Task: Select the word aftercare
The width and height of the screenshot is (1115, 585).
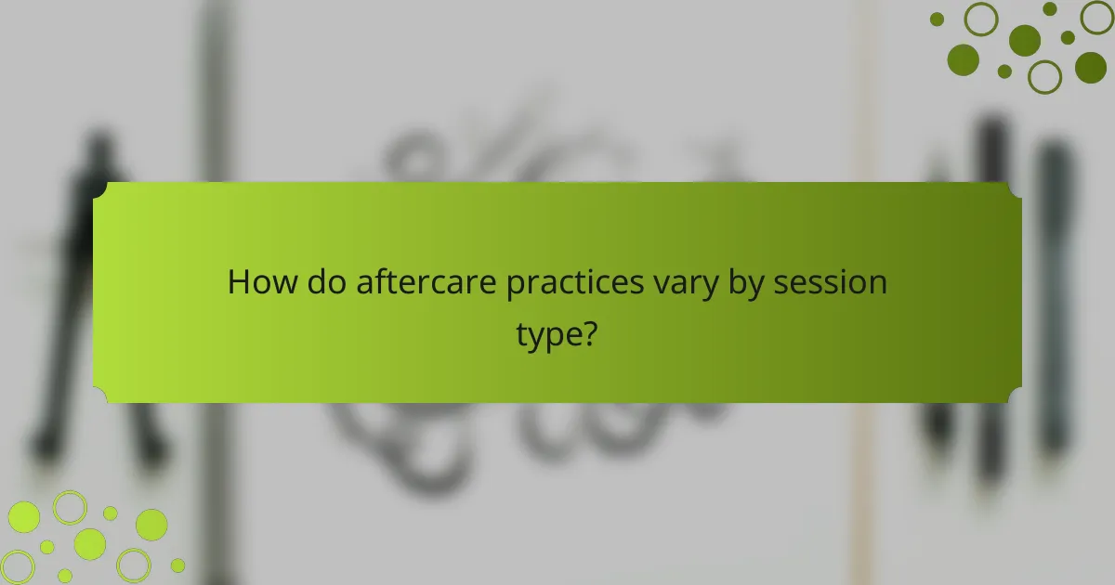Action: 426,282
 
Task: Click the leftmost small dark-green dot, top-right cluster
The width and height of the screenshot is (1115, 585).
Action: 937,19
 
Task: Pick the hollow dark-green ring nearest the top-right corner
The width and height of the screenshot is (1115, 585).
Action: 1096,17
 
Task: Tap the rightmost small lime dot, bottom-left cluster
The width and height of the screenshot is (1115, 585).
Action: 177,565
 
